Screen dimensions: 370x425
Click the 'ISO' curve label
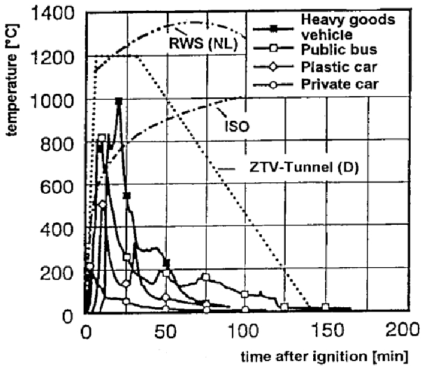pyautogui.click(x=241, y=126)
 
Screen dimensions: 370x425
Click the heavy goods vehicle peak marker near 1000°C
pyautogui.click(x=119, y=101)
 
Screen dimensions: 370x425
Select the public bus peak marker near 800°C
pyautogui.click(x=102, y=138)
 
